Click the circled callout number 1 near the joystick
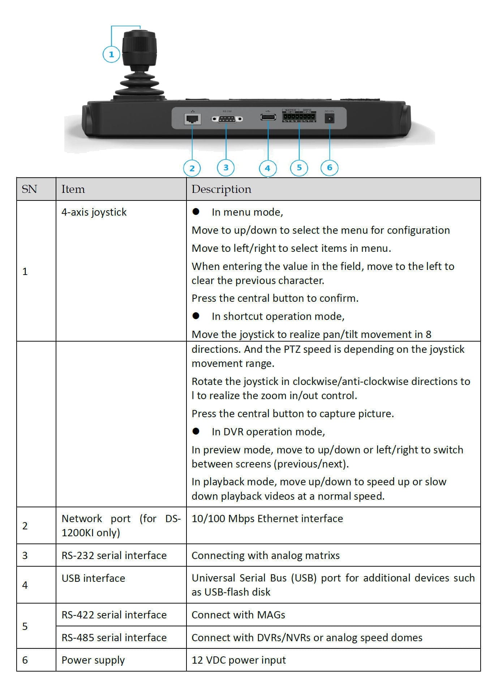[x=111, y=54]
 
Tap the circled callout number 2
[x=192, y=168]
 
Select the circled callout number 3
[x=226, y=168]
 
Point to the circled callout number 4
[x=267, y=168]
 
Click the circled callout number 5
[x=299, y=168]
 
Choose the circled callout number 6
[x=329, y=168]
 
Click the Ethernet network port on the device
[x=192, y=118]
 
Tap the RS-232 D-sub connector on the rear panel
[x=227, y=119]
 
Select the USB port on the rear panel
[x=268, y=117]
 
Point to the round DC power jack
[x=330, y=118]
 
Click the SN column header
[x=29, y=189]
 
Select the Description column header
[x=221, y=189]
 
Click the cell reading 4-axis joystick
[x=94, y=212]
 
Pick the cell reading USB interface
[x=93, y=578]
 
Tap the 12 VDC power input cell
[x=239, y=660]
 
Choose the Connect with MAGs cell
[x=238, y=615]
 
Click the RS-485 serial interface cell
[x=114, y=638]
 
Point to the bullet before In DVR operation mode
[x=196, y=431]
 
